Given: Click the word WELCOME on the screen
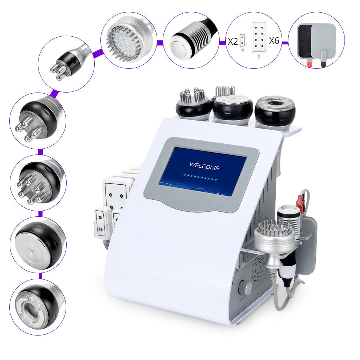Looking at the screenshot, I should [204, 167].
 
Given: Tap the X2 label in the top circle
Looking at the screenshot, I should [233, 41].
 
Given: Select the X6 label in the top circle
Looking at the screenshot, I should [274, 40].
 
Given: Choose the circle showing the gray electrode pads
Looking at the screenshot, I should [316, 40].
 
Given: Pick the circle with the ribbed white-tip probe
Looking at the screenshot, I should [191, 40].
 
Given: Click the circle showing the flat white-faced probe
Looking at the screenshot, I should [38, 244].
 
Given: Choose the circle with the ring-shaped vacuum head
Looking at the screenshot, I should [38, 306].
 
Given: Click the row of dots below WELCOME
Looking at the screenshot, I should [200, 177].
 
